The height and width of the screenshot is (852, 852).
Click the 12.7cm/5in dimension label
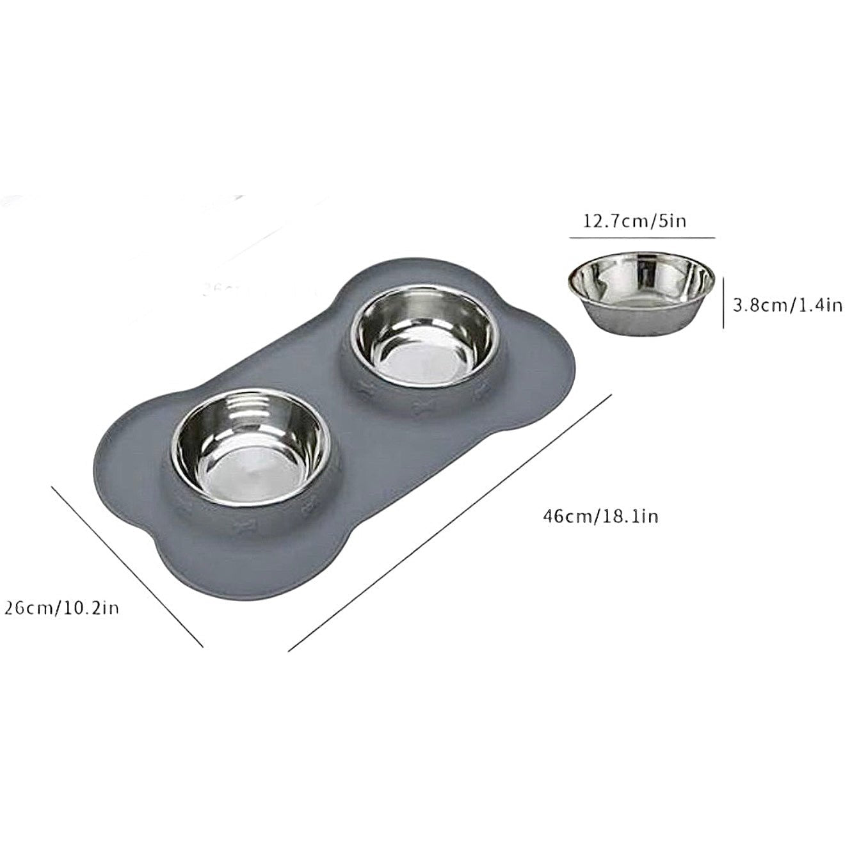coord(634,221)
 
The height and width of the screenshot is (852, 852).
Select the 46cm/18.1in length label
coord(600,515)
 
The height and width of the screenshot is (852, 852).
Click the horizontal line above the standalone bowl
coord(641,237)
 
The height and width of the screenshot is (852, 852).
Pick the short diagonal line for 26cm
coord(127,566)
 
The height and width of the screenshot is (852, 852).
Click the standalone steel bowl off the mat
coord(641,292)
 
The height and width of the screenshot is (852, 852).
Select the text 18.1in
coord(629,515)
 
